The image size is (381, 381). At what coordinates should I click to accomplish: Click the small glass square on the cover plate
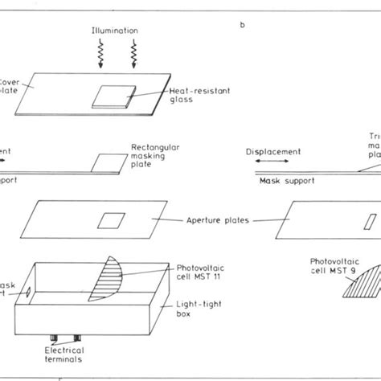112,96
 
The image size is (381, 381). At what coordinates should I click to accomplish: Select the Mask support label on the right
281,182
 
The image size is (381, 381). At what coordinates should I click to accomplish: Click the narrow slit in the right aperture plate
369,220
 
